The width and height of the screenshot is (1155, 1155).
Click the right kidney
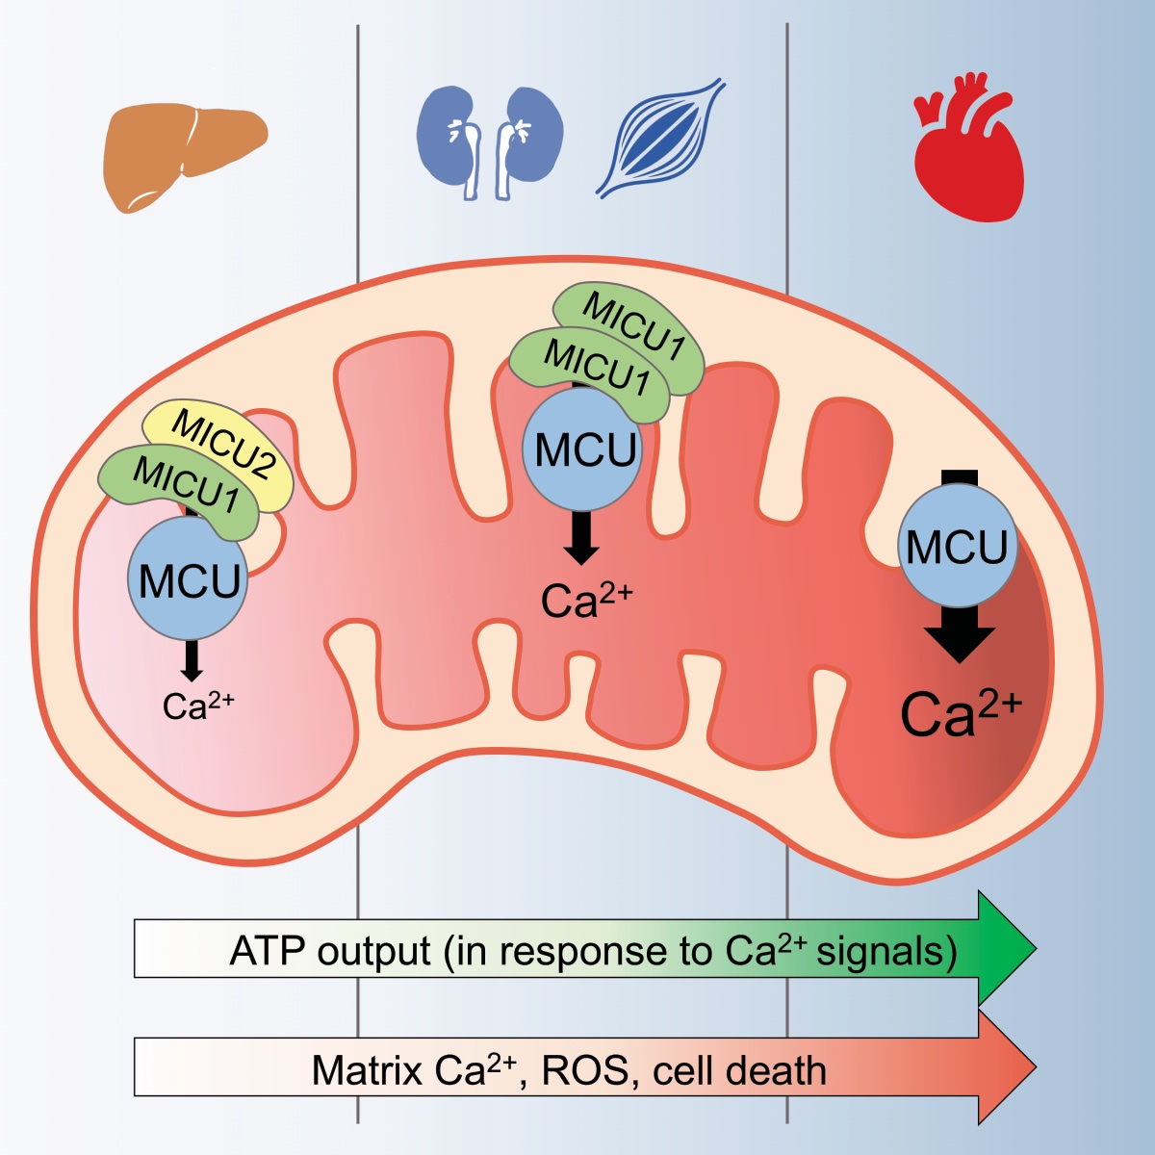point(531,135)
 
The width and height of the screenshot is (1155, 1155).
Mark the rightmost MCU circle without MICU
point(957,547)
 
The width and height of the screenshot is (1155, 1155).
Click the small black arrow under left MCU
point(192,662)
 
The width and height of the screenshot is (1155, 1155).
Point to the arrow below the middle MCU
point(580,540)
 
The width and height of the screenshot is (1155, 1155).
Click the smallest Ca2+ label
point(197,706)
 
